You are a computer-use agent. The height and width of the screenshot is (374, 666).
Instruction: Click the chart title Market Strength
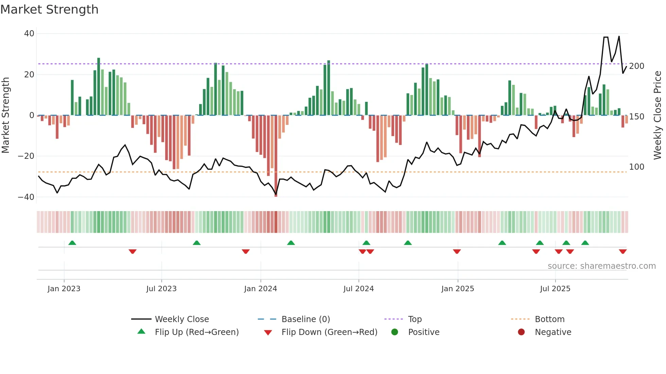coord(49,10)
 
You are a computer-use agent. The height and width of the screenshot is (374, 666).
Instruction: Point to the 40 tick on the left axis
coord(29,34)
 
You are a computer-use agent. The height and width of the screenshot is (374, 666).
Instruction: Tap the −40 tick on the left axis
coord(26,197)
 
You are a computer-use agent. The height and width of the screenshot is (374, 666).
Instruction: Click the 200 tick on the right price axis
coord(636,66)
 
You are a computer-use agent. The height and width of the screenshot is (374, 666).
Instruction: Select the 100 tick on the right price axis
coord(636,167)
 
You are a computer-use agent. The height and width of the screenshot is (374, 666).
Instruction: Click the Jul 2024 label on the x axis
coord(358,289)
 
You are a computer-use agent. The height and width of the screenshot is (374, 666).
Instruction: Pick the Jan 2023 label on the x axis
coord(64,289)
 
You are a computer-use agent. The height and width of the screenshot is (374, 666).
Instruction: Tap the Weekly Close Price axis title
coord(658,115)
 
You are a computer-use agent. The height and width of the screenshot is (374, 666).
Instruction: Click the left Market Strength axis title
coord(6,115)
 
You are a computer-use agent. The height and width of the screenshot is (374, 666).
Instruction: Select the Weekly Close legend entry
coord(181,319)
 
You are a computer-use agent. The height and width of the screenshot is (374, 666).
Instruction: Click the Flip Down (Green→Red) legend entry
coord(329,332)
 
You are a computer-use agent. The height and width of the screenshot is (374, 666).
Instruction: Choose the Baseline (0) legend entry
coord(305,319)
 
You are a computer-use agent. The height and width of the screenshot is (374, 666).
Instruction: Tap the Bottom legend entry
coord(549,319)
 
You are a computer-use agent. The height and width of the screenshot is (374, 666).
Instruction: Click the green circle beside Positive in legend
coord(395,332)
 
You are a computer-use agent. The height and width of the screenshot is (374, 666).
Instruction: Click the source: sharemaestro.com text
coord(601,266)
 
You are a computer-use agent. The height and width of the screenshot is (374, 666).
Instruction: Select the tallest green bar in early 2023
coord(99,87)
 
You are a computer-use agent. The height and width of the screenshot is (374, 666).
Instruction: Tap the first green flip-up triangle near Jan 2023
coord(72,243)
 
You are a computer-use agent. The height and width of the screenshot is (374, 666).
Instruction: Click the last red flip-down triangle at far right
coord(623,251)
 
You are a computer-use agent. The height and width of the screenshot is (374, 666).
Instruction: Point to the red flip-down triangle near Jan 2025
coord(457,251)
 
